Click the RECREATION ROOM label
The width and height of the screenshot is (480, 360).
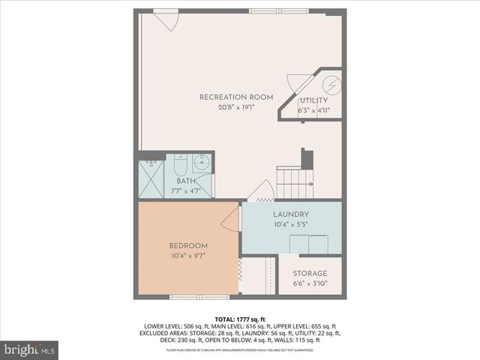pyautogui.click(x=235, y=97)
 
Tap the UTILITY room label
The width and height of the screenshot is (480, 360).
pyautogui.click(x=313, y=100)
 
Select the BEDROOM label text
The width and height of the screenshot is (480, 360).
pyautogui.click(x=188, y=245)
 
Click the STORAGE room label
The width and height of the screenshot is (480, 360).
pyautogui.click(x=310, y=274)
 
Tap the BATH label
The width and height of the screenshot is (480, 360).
pyautogui.click(x=187, y=181)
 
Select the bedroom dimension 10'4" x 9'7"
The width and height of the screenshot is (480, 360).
pyautogui.click(x=188, y=255)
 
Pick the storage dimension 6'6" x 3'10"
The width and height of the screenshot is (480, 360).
pyautogui.click(x=310, y=283)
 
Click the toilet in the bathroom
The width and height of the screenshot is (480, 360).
pyautogui.click(x=180, y=164)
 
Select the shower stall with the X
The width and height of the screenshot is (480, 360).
pyautogui.click(x=151, y=179)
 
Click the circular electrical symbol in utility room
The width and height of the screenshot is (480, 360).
pyautogui.click(x=332, y=84)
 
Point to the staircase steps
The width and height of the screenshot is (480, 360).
pyautogui.click(x=293, y=180)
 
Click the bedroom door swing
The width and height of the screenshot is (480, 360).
pyautogui.click(x=231, y=218)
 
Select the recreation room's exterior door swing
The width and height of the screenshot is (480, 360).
pyautogui.click(x=166, y=19)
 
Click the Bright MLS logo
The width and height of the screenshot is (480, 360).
pyautogui.click(x=29, y=349)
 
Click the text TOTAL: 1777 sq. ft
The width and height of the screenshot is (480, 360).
pyautogui.click(x=239, y=319)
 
